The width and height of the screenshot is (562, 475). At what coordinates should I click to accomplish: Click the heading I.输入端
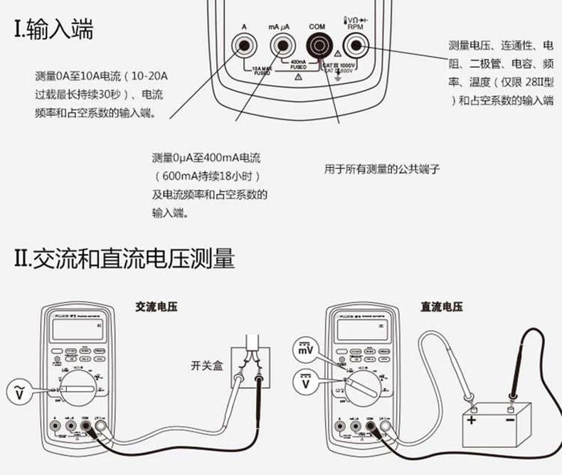54,30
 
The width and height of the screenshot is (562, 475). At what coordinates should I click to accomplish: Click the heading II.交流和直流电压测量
124,258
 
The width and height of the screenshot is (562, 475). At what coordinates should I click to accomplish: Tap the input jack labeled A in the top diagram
243,48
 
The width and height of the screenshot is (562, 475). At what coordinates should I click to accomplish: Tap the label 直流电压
441,306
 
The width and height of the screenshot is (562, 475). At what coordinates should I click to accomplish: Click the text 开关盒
206,365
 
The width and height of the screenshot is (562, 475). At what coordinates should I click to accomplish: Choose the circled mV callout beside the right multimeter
304,350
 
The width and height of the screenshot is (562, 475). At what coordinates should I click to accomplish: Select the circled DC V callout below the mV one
304,385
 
